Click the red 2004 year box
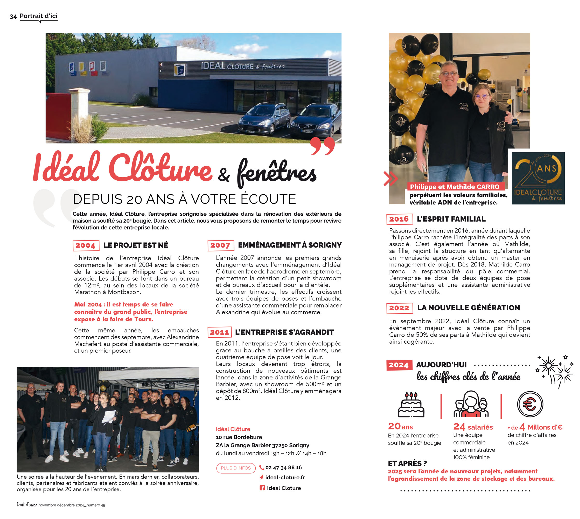[x=86, y=245]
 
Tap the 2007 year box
[x=220, y=245]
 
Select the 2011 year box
[x=219, y=332]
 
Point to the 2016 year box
[x=399, y=219]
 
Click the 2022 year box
[x=399, y=308]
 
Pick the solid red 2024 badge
[x=399, y=365]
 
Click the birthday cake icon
[x=411, y=405]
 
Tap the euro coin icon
[x=530, y=404]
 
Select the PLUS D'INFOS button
[x=236, y=468]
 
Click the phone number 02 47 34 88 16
[x=283, y=468]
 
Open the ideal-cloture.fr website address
[x=285, y=477]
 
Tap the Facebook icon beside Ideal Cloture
[x=262, y=488]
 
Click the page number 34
[x=13, y=17]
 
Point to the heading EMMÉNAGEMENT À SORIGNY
[x=289, y=245]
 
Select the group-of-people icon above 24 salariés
[x=471, y=404]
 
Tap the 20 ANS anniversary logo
[x=537, y=178]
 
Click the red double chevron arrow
[x=390, y=179]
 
